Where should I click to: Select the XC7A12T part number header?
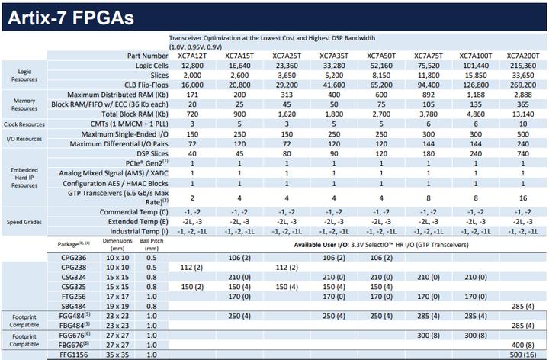tap(193, 56)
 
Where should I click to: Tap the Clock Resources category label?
tap(25, 122)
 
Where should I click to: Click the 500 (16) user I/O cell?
tap(522, 355)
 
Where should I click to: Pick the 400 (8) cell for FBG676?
tap(522, 346)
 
